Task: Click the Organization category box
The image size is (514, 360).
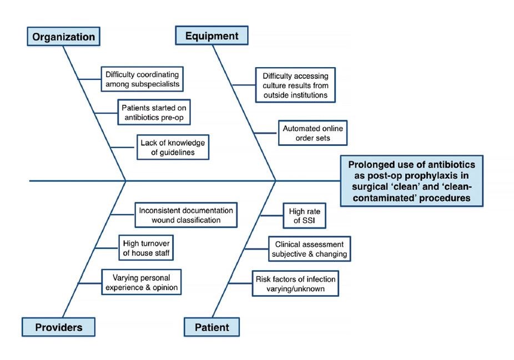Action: coord(64,37)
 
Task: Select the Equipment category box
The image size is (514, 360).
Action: coord(211,36)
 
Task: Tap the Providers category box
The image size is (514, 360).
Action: coord(58,327)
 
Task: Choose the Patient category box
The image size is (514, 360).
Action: coord(211,327)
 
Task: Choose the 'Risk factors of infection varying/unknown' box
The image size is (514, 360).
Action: coord(295,283)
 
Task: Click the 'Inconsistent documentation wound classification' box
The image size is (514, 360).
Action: coord(186,215)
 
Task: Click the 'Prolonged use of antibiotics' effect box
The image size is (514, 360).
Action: coord(411,180)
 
